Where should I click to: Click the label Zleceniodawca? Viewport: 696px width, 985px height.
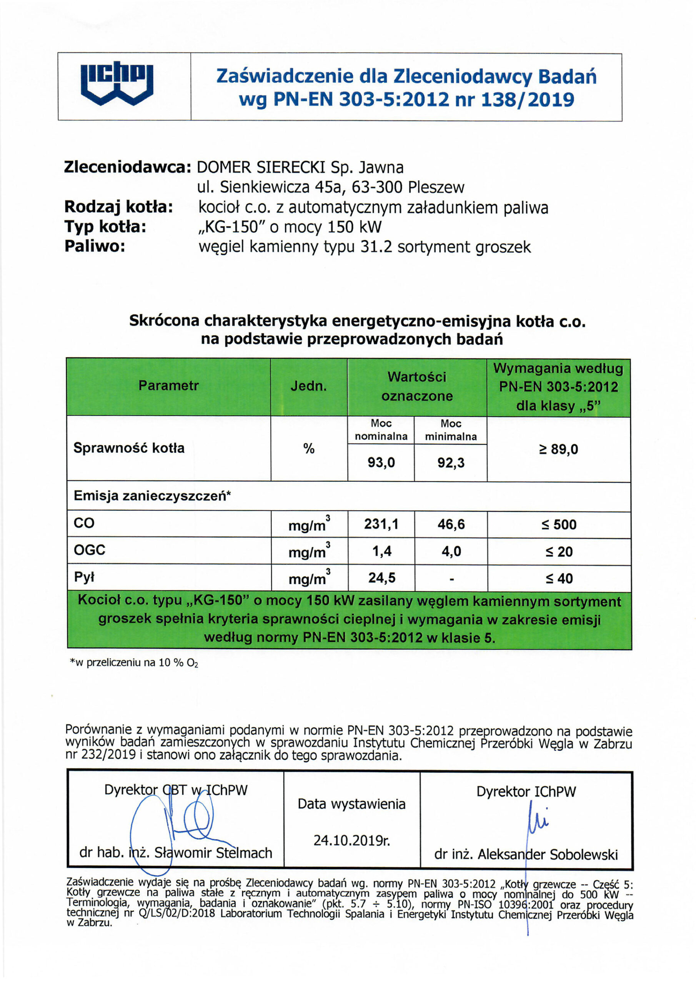(x=127, y=167)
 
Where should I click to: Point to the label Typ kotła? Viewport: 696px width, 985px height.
(x=105, y=227)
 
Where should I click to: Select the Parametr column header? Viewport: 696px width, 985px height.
(x=168, y=386)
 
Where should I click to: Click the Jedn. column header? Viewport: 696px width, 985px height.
(x=308, y=386)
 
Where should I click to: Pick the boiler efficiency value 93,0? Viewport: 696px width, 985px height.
(x=381, y=462)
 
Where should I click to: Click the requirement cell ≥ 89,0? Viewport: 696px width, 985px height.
(x=558, y=449)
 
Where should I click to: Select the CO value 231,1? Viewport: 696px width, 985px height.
(x=381, y=524)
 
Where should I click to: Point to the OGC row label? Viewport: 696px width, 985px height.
(x=90, y=550)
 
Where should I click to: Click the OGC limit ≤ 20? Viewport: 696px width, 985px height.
(x=559, y=551)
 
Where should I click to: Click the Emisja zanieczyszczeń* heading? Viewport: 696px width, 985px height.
(x=152, y=496)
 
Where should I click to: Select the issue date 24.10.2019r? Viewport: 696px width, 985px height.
(x=351, y=840)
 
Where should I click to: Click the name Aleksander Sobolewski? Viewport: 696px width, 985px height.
(x=548, y=854)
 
